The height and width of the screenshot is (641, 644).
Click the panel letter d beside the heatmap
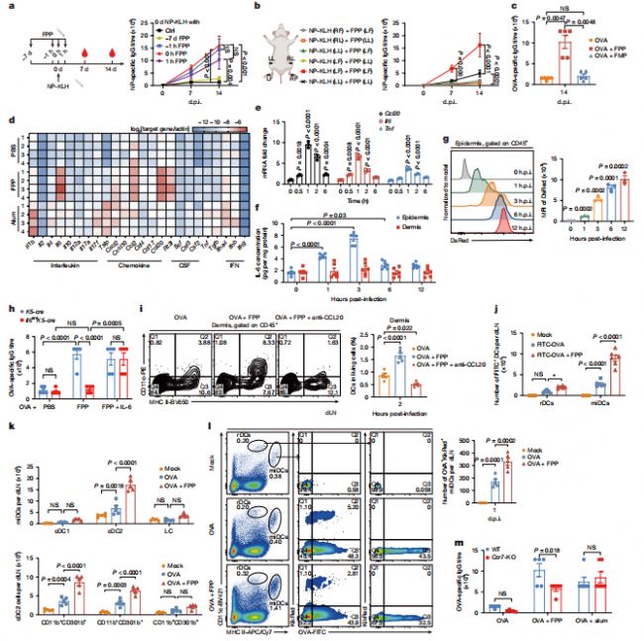tap(8, 122)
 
